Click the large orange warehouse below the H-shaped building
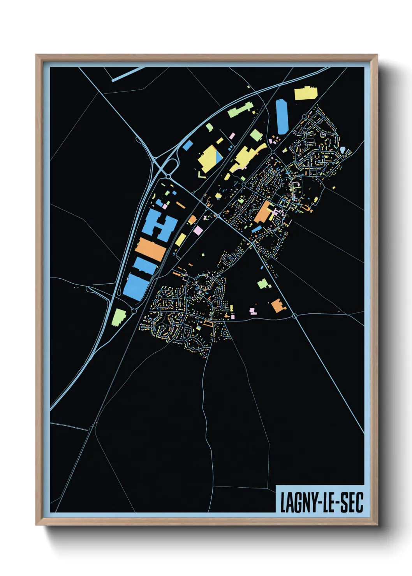(x=150, y=249)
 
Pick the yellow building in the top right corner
(x=305, y=93)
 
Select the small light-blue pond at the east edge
(x=342, y=150)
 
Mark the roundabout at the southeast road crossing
(x=295, y=316)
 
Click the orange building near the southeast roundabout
(x=278, y=306)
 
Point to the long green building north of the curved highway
(x=239, y=110)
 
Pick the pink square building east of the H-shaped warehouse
(x=198, y=230)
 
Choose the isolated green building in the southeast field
(x=262, y=284)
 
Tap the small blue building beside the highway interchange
(x=188, y=146)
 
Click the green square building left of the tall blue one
(x=255, y=135)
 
